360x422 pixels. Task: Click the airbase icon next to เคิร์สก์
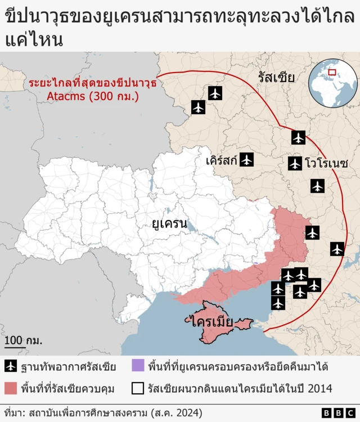coord(246,159)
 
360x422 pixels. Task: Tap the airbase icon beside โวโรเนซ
coord(295,164)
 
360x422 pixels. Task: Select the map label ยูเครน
coord(169,223)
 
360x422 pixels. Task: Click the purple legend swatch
coord(138,367)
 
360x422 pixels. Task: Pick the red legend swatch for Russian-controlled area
coord(11,388)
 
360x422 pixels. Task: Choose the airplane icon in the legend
coord(11,367)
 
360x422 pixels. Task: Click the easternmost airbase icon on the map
coord(337,249)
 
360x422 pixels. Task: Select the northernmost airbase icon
coord(215,93)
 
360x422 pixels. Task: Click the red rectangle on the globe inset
coord(332,72)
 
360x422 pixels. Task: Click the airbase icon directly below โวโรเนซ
coord(317,186)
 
